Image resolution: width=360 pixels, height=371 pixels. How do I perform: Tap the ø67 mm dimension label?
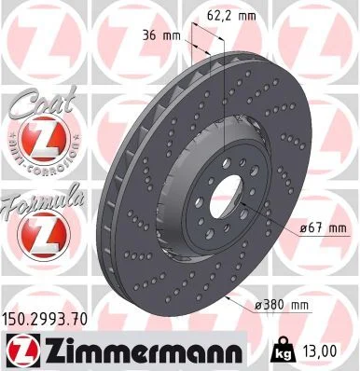(324, 227)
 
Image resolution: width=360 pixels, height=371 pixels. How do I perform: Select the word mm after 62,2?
(246, 15)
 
